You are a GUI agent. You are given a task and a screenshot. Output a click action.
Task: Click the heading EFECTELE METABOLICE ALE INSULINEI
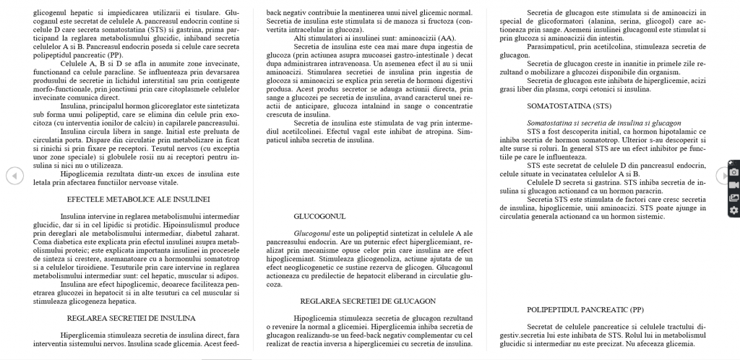(x=137, y=198)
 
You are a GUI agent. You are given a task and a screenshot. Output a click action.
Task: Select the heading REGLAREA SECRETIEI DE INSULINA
(x=130, y=317)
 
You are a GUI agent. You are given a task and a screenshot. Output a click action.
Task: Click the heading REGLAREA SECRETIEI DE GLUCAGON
(x=367, y=300)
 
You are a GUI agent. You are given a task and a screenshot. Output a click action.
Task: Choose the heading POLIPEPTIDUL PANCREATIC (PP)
(x=585, y=309)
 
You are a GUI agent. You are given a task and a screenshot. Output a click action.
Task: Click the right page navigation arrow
(x=721, y=175)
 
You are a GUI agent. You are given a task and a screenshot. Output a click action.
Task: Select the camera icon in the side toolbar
(x=734, y=172)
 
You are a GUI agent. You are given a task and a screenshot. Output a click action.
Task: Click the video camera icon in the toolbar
(x=734, y=184)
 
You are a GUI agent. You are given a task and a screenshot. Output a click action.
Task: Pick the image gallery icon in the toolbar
(x=734, y=197)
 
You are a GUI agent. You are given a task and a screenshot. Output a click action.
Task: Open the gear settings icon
(x=734, y=210)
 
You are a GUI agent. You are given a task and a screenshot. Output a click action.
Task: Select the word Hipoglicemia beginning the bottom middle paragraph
(x=316, y=318)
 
